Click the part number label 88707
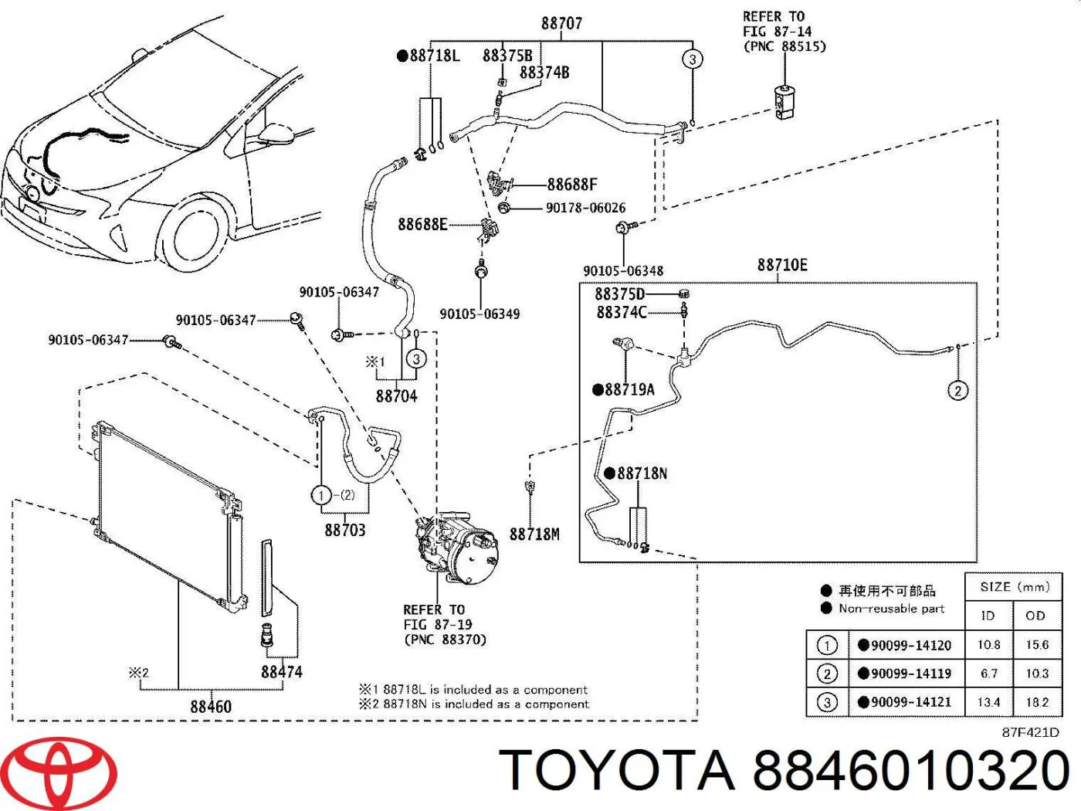561,23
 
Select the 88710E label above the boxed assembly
782,265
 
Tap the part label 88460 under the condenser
211,706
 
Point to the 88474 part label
281,672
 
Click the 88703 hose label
345,530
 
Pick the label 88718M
534,534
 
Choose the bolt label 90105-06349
480,314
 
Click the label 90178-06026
585,208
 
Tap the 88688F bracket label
572,185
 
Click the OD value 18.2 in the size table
1037,702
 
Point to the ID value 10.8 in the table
988,645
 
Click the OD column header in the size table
1035,616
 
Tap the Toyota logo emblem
66,772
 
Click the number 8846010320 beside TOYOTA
910,771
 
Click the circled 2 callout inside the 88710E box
957,391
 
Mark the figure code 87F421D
1030,732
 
